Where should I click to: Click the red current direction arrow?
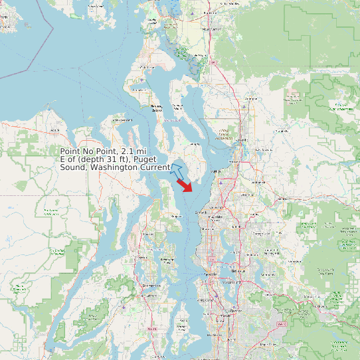point(185,185)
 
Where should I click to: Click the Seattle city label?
point(211,274)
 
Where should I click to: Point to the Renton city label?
point(235,310)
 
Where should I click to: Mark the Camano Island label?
point(177,106)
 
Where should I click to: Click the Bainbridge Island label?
point(167,260)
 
